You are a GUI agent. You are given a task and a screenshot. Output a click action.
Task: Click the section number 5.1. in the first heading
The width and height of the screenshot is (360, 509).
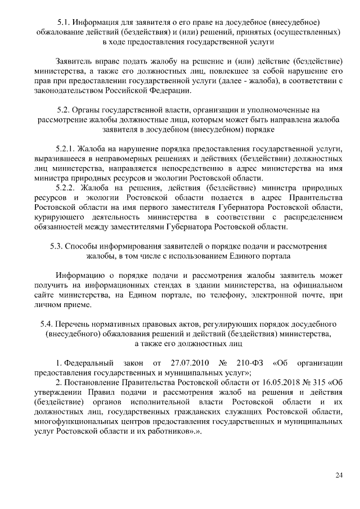tap(66, 22)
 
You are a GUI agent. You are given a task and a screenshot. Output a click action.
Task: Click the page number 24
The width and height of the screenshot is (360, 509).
tap(339, 475)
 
